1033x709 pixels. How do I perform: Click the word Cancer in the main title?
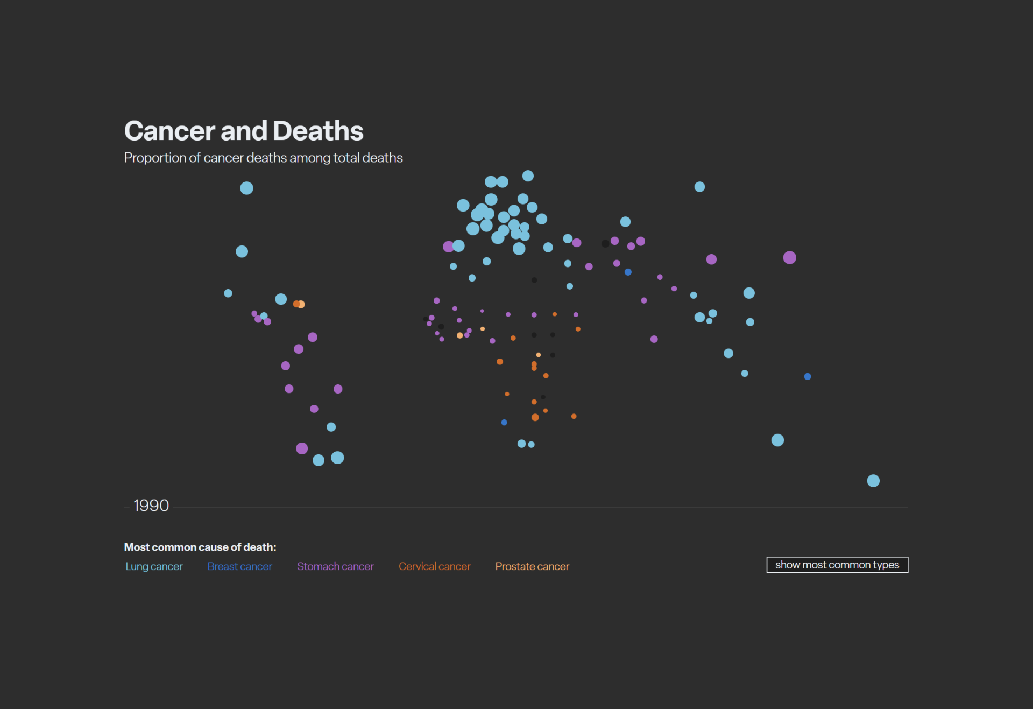169,131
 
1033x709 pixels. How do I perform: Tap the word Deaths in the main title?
318,131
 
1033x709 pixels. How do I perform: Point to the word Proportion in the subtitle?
155,158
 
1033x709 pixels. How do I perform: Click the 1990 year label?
151,506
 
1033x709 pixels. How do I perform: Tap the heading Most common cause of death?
200,547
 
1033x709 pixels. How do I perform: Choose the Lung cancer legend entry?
154,566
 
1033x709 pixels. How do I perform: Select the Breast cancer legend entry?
240,566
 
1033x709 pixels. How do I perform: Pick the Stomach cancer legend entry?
335,566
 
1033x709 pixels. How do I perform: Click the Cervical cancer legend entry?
435,566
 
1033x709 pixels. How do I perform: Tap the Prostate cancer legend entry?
532,566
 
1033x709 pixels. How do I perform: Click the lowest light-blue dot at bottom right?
873,481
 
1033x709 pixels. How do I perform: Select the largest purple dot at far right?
789,258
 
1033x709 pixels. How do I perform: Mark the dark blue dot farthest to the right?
808,376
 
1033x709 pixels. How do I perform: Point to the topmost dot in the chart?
528,176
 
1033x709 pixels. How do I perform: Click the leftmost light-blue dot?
228,293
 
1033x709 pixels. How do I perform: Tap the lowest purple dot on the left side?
302,448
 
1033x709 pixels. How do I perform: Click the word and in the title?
244,131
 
